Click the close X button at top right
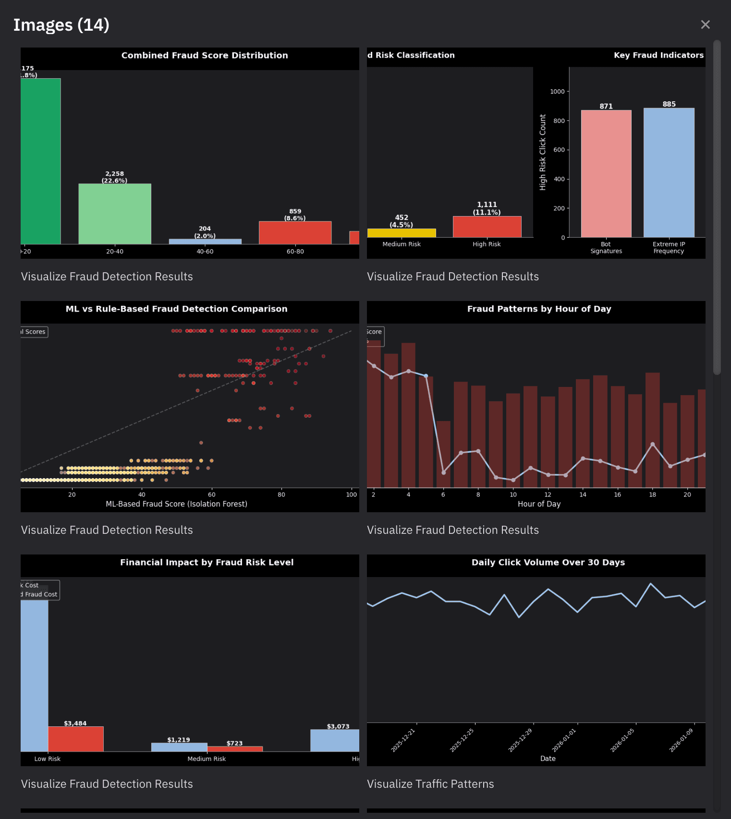point(705,24)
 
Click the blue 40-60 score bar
point(205,241)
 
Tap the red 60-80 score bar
point(295,233)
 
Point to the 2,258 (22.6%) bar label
point(114,177)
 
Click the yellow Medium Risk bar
point(402,233)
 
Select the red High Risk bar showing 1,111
point(487,227)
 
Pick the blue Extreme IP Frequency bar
point(669,173)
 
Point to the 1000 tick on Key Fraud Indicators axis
point(557,92)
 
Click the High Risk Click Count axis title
point(543,152)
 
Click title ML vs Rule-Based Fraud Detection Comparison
point(176,309)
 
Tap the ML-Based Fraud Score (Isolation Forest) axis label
point(176,504)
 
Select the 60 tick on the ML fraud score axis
point(211,494)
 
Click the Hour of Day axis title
point(539,504)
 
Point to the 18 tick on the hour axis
point(652,494)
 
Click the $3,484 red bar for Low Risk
point(76,739)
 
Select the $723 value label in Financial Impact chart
point(234,743)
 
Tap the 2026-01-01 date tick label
point(564,741)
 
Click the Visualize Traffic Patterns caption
point(430,784)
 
